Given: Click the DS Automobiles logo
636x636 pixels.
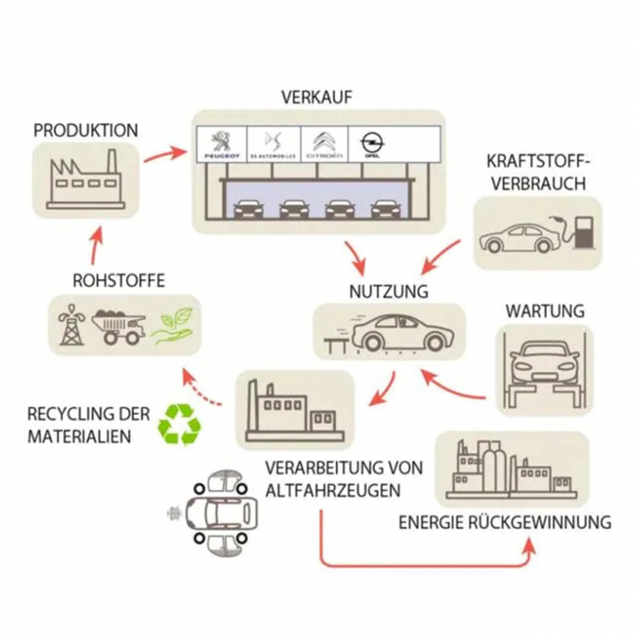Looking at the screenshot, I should tap(273, 143).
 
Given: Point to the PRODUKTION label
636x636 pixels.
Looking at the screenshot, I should tap(84, 130).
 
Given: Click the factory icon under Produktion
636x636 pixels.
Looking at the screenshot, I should tap(84, 178).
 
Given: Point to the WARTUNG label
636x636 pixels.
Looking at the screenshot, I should tap(544, 310).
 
